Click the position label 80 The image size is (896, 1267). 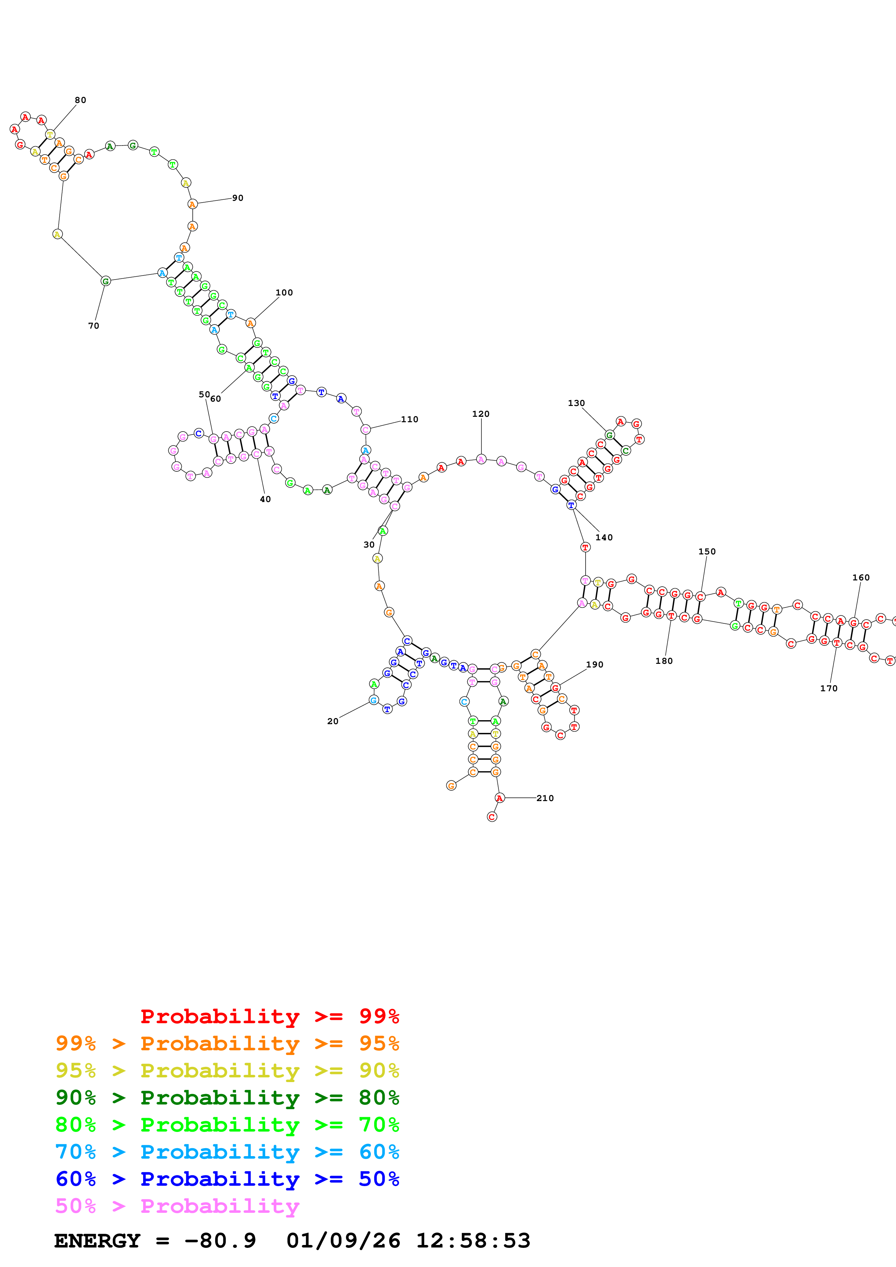click(81, 100)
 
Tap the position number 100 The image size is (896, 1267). click(284, 293)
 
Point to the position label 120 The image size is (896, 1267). click(481, 414)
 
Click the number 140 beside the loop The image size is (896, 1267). click(604, 537)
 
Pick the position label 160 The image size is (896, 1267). click(861, 578)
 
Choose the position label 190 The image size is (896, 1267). click(595, 665)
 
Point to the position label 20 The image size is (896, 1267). click(333, 722)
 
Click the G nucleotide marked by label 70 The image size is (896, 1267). click(106, 281)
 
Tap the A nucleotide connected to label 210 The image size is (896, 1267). click(500, 798)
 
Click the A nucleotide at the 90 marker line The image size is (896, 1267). click(192, 204)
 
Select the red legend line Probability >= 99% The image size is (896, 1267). click(269, 1016)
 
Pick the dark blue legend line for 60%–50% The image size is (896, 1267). click(227, 1179)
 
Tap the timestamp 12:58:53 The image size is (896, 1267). click(473, 1241)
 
